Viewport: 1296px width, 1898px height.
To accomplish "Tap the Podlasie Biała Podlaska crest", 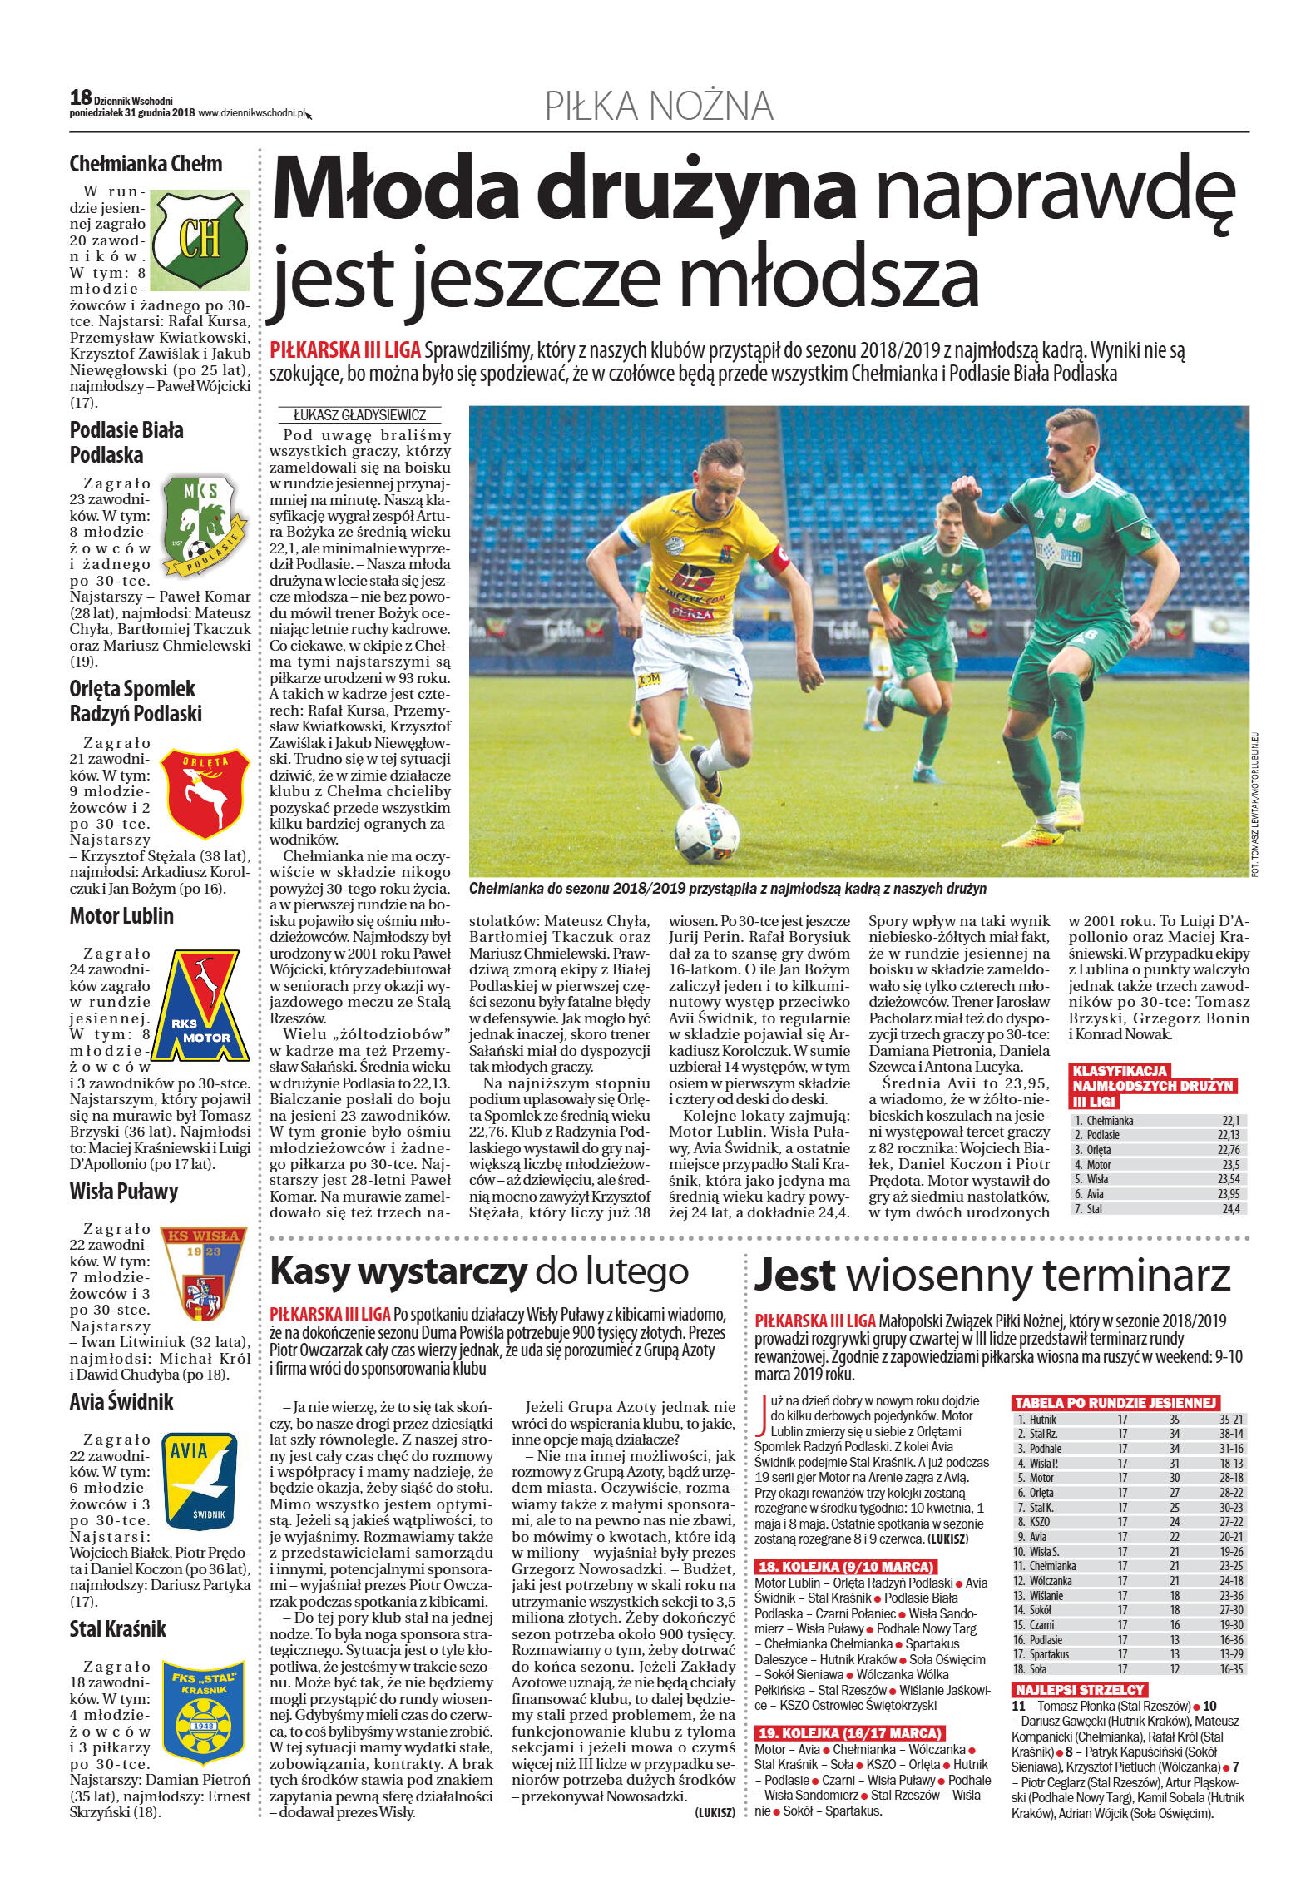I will point(203,524).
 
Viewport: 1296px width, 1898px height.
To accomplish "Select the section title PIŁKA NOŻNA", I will point(659,107).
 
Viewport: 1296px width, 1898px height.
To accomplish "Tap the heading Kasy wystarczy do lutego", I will point(480,1271).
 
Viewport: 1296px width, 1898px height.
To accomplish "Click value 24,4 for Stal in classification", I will point(1229,1208).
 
